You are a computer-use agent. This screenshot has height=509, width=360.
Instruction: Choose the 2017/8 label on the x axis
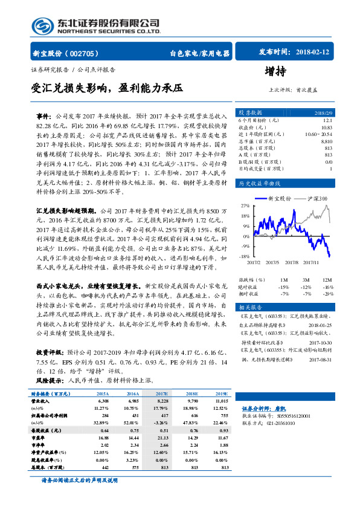[291, 262]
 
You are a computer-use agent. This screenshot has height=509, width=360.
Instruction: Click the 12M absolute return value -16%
[328, 287]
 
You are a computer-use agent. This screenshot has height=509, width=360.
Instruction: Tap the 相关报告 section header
[249, 307]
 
